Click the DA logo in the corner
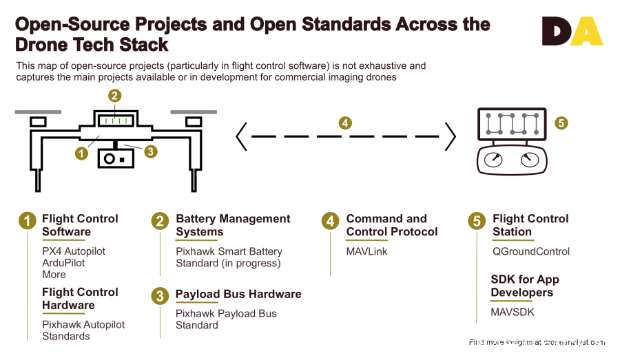coord(572,32)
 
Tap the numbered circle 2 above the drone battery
coord(115,96)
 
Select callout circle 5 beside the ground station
coord(561,123)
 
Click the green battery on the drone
coord(115,120)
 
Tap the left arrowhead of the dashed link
coord(242,136)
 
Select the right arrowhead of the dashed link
coord(450,136)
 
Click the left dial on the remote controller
coord(494,160)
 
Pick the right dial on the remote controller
coord(528,160)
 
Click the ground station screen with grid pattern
coord(511,124)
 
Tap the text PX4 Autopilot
coord(74,251)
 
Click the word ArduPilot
coord(63,263)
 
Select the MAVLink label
coord(366,251)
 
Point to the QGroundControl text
coord(530,251)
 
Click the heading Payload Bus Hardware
coord(238,294)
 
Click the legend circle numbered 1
coord(27,221)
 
